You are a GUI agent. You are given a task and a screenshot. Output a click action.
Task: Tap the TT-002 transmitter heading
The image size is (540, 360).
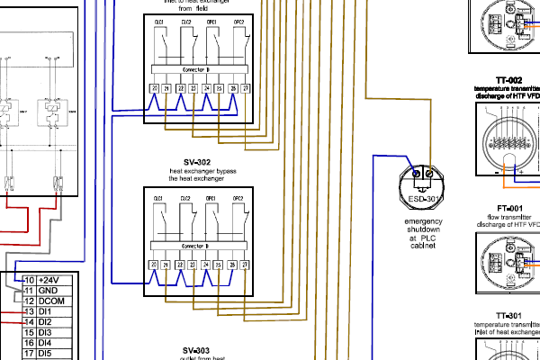pos(510,80)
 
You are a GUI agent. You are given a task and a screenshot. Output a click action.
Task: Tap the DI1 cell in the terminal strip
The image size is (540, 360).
pos(46,311)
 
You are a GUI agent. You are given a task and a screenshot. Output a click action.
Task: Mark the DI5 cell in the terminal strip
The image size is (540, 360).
pos(46,353)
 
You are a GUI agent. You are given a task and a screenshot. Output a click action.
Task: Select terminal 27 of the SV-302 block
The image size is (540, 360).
pos(245,265)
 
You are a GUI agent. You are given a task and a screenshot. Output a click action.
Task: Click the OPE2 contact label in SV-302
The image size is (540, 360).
pos(238,196)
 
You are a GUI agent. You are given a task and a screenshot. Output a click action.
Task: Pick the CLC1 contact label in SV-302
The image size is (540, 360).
pos(159,196)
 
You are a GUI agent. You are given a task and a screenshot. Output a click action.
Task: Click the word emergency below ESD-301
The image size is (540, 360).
pos(423,221)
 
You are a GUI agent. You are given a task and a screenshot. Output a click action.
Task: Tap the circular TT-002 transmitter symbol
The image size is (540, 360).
pos(510,142)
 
